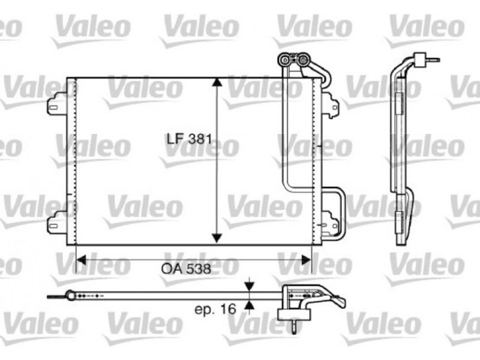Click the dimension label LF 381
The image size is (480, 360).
(x=189, y=139)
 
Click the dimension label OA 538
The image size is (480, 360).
(x=186, y=269)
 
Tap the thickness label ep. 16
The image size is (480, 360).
(x=215, y=309)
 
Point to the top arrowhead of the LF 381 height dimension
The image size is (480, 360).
(x=217, y=83)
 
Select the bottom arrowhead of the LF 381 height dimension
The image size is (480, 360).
(x=217, y=238)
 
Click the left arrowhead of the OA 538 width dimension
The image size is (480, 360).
(x=81, y=260)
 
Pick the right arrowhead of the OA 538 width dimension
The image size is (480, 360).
(x=306, y=260)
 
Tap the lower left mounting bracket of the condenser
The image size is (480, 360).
(x=57, y=223)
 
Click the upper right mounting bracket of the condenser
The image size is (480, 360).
(x=330, y=104)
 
